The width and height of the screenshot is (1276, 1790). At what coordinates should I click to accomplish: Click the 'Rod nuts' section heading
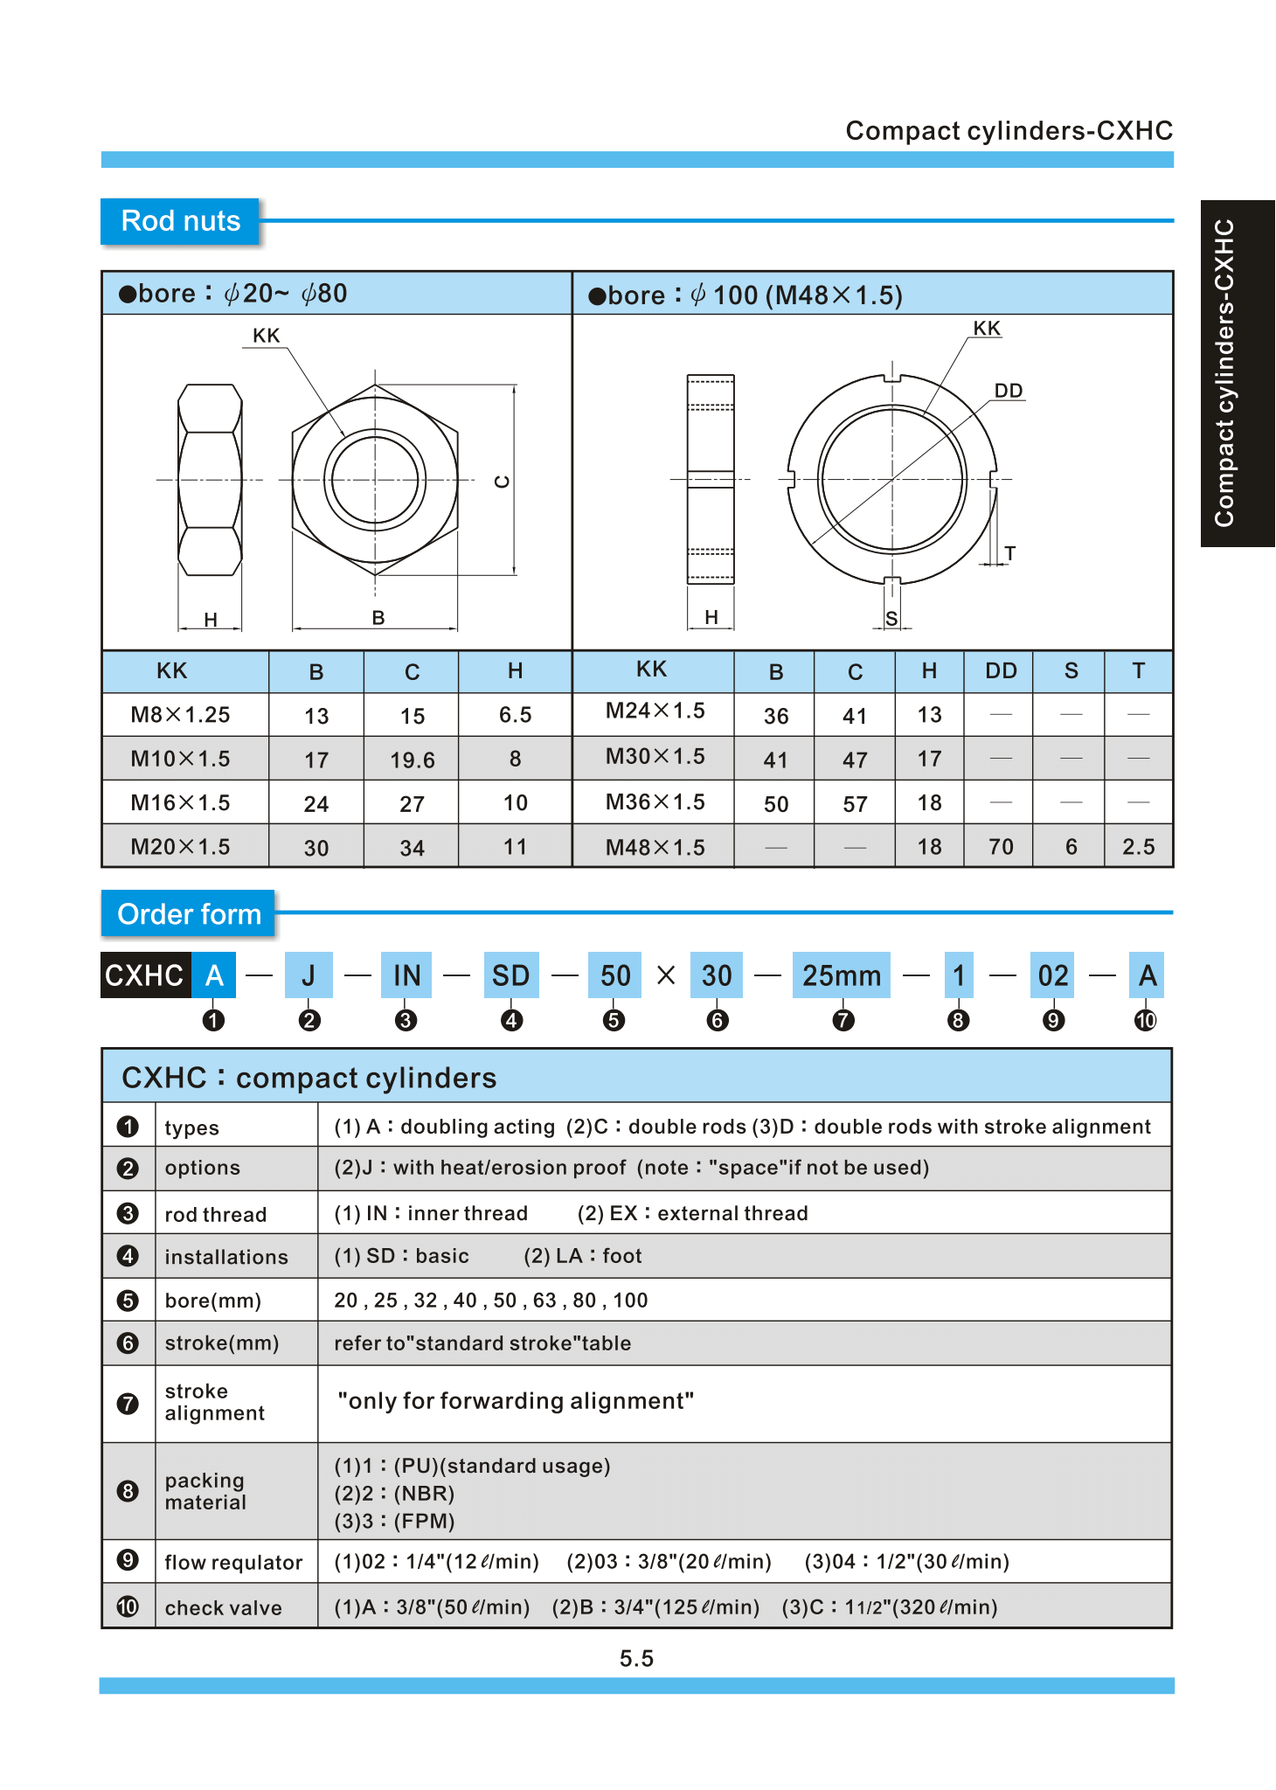[x=180, y=221]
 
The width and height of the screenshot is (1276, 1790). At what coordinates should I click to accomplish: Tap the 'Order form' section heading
[x=189, y=914]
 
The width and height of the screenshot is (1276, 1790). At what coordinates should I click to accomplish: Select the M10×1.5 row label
[x=180, y=759]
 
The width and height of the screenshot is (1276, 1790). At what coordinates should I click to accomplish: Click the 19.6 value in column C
[x=412, y=760]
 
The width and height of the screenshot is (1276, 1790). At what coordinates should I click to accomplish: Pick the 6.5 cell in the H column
[x=515, y=715]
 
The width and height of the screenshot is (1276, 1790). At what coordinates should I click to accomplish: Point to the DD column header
[x=1001, y=671]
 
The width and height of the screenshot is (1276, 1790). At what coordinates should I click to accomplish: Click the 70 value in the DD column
[x=1001, y=846]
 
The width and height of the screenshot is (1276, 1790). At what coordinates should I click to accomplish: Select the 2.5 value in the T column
[x=1138, y=846]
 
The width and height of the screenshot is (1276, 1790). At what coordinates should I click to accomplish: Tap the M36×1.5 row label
[x=655, y=801]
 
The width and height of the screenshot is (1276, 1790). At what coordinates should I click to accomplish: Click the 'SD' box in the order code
[x=510, y=975]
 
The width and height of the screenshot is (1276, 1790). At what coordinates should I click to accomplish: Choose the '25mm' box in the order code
[x=842, y=975]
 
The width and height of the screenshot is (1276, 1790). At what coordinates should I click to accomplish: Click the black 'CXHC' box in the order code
[x=145, y=975]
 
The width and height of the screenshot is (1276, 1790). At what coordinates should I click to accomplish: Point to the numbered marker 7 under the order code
[x=843, y=1020]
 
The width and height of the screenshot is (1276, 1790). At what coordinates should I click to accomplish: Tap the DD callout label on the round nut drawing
[x=1009, y=391]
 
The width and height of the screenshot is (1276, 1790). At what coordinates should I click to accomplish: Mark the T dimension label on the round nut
[x=1010, y=553]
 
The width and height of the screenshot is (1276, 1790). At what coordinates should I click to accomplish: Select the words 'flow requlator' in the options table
[x=233, y=1563]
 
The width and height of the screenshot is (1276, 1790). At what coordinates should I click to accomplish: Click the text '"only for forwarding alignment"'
[x=516, y=1401]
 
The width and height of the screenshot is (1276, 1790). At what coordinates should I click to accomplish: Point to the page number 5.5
[x=636, y=1658]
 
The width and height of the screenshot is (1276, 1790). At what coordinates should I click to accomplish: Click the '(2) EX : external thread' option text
[x=692, y=1213]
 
